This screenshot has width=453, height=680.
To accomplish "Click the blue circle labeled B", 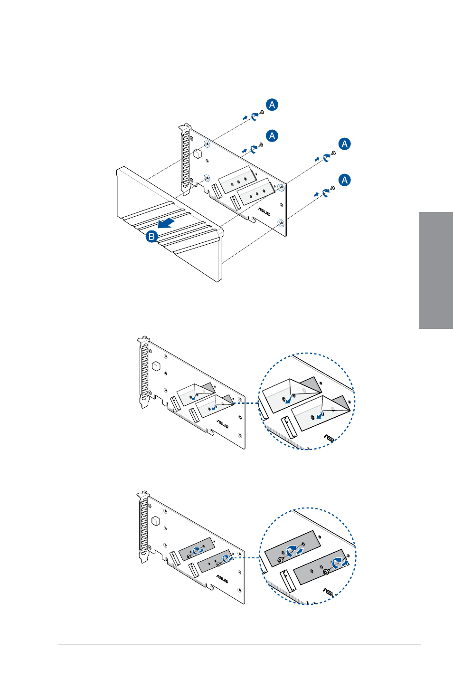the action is (x=151, y=236).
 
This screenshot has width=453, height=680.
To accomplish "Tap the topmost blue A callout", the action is (x=272, y=105).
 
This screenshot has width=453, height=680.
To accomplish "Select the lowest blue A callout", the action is (x=344, y=180).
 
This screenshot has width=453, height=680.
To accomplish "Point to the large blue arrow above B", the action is (x=166, y=223).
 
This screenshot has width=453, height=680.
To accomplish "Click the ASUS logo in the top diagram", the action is (x=264, y=211).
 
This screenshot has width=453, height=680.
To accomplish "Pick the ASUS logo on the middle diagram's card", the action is (x=222, y=424).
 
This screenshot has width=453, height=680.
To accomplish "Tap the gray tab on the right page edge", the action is (x=436, y=270).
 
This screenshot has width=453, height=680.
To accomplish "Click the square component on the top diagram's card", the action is (x=198, y=153).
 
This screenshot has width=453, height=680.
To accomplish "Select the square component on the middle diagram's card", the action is (x=156, y=365).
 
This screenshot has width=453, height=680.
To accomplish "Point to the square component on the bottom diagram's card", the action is (x=156, y=521).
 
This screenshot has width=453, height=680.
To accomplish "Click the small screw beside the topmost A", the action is (x=262, y=112).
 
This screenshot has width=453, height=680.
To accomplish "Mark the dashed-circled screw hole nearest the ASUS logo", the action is (x=281, y=223).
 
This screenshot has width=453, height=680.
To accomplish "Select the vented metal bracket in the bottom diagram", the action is (x=143, y=527).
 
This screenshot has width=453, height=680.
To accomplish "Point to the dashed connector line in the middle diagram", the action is (x=246, y=403).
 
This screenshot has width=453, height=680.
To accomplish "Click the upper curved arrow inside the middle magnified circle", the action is (x=289, y=399).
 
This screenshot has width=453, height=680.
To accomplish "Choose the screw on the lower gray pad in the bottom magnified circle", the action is (x=326, y=572).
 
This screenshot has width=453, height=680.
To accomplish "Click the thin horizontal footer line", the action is (x=239, y=645).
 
